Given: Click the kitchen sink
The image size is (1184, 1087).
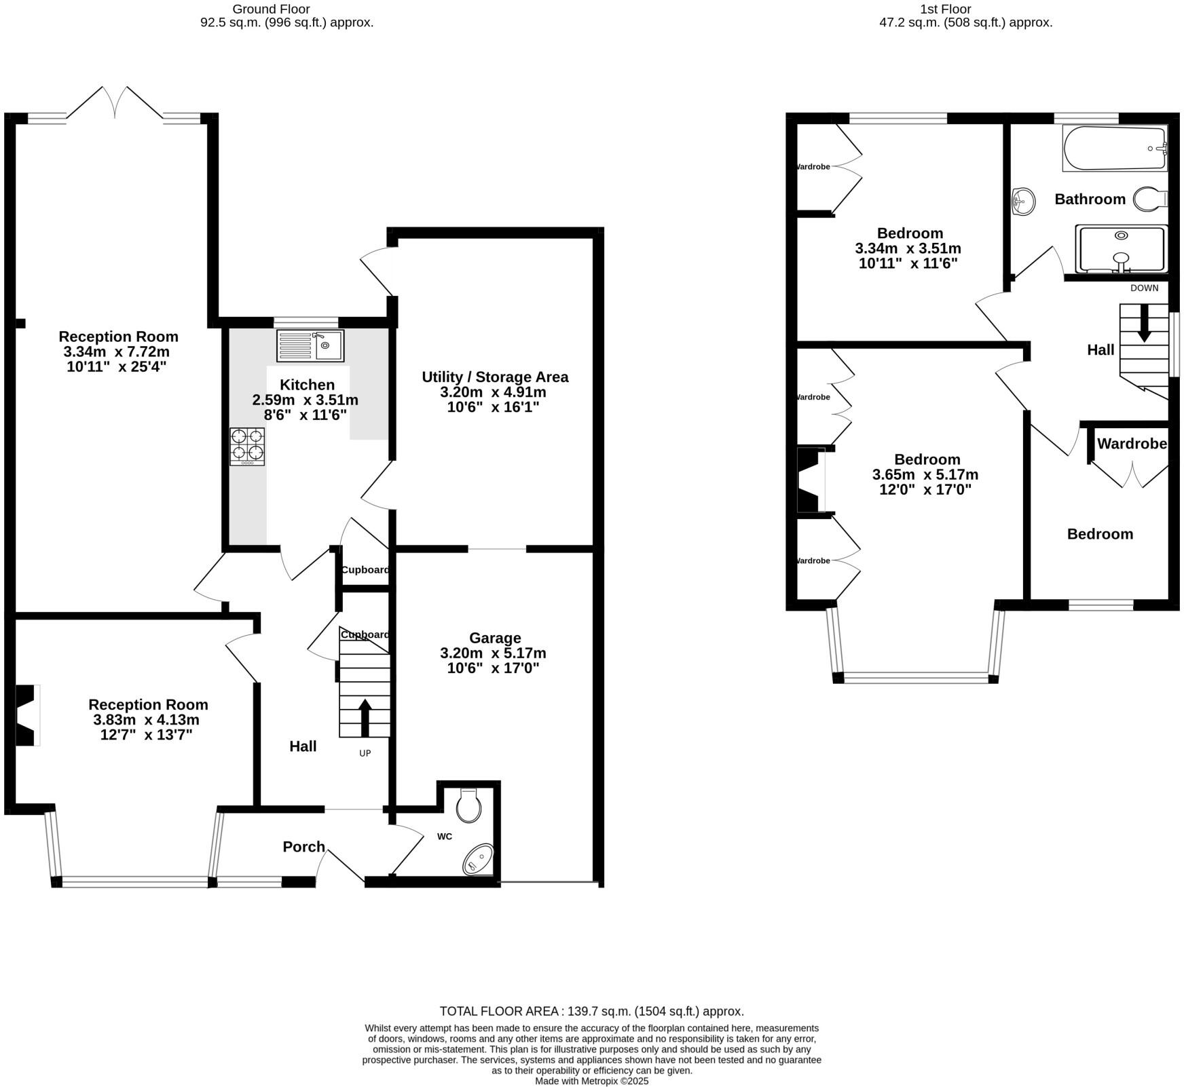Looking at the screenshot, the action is (x=310, y=345).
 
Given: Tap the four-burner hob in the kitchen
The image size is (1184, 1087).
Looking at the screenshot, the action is (x=247, y=446).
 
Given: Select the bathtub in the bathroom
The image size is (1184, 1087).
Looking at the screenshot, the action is (x=1115, y=149).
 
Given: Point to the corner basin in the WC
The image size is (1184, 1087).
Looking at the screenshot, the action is (x=479, y=860).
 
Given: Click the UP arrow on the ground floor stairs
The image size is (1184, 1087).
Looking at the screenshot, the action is (x=365, y=717).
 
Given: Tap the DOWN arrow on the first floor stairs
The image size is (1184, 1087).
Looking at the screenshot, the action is (x=1144, y=323).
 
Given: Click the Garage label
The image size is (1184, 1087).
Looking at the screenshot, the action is (x=495, y=638).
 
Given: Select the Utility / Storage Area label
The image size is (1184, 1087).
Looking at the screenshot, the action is (x=495, y=377).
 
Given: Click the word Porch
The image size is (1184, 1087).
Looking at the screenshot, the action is (x=304, y=846).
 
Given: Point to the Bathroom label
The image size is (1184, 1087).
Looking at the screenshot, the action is (x=1090, y=199).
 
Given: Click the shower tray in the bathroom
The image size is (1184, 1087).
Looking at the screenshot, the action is (x=1121, y=249).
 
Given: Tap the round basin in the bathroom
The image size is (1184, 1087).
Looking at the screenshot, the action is (x=1023, y=201).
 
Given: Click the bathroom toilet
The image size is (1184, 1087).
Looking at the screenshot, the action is (x=1150, y=199).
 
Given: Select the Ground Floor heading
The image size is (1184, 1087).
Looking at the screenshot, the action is (x=271, y=9).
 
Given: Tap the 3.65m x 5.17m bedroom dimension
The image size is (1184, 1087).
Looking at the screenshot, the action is (x=925, y=474).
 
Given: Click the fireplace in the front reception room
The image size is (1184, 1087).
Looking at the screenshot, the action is (x=27, y=715).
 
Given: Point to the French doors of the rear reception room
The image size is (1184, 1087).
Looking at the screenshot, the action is (x=115, y=103).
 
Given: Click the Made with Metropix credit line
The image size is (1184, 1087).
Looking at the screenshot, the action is (x=592, y=1081).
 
